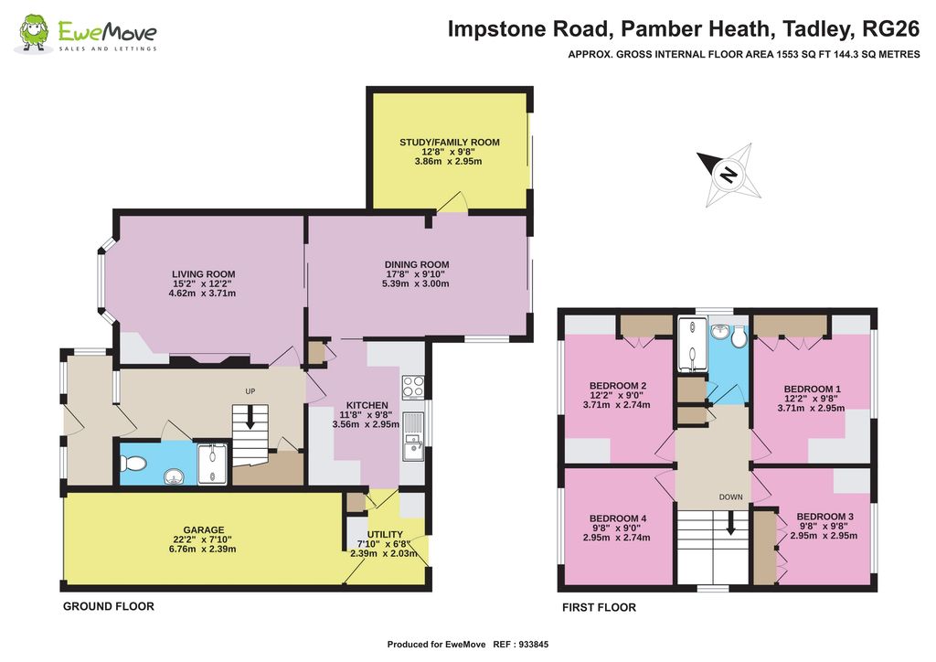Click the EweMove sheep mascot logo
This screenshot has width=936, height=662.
pos(33,33)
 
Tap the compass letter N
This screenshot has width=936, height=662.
pos(729,175)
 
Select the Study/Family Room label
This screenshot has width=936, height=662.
pos(450,142)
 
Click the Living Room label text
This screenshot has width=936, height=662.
pos(204,274)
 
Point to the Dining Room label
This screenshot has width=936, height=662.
pos(417,264)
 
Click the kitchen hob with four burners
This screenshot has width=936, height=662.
pos(413,387)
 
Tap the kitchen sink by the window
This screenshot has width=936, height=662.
pos(413,436)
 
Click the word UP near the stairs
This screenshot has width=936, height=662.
pos(250,391)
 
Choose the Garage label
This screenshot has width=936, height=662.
pos(204,529)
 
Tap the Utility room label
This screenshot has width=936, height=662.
pos(385,534)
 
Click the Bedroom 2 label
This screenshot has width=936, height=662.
pos(618,386)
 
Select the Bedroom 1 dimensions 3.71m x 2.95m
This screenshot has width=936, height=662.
pos(812,409)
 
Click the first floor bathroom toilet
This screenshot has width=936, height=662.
pos(739,336)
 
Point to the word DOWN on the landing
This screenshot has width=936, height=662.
pos(730,497)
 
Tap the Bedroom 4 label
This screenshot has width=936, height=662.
pos(618,518)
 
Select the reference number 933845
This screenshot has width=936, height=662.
pos(534,645)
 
